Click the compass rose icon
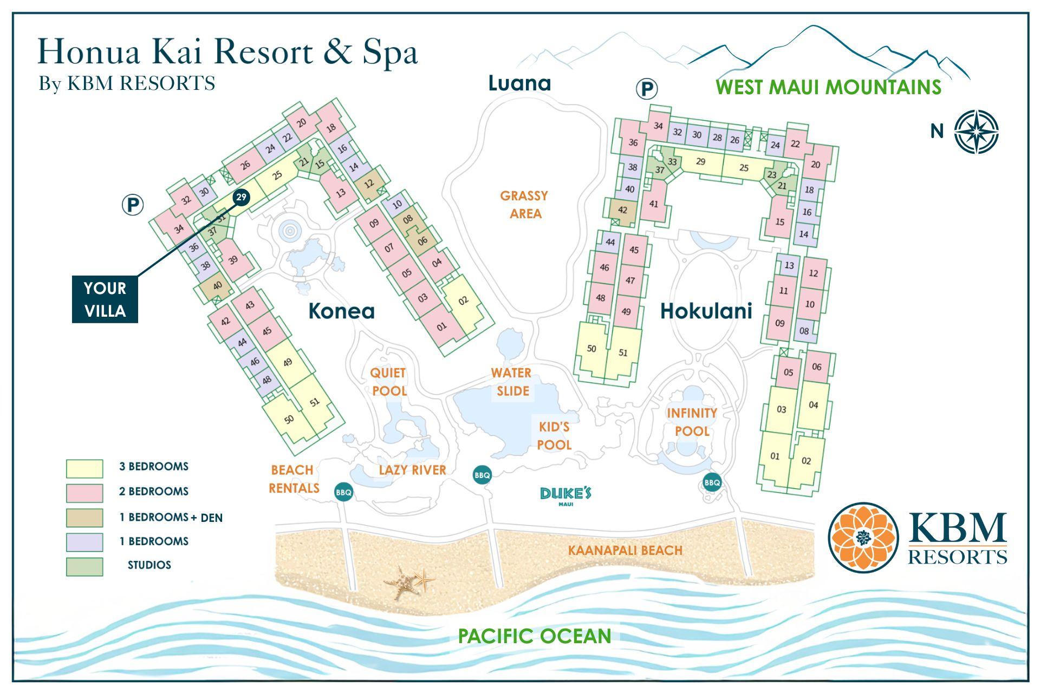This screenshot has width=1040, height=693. click(976, 132)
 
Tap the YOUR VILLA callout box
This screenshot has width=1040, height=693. click(105, 299)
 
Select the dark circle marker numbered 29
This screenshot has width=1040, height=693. click(241, 197)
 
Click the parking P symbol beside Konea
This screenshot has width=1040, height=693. click(132, 205)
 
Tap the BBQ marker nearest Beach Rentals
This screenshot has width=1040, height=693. click(343, 492)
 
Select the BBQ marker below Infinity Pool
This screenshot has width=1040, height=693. click(712, 482)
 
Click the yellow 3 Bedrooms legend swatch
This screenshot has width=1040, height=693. click(84, 468)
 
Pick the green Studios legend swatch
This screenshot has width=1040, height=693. click(84, 566)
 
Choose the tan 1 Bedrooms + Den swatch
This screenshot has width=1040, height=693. click(84, 518)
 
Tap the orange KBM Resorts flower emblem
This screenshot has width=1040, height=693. click(863, 537)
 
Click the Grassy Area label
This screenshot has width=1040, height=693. click(524, 204)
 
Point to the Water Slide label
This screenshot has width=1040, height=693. click(511, 382)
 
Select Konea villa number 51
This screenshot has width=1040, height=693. click(315, 402)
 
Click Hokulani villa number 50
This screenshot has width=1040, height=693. click(591, 349)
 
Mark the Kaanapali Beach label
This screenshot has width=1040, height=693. click(625, 550)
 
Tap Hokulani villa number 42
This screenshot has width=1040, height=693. click(622, 210)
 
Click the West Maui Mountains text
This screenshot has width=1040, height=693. click(828, 87)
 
